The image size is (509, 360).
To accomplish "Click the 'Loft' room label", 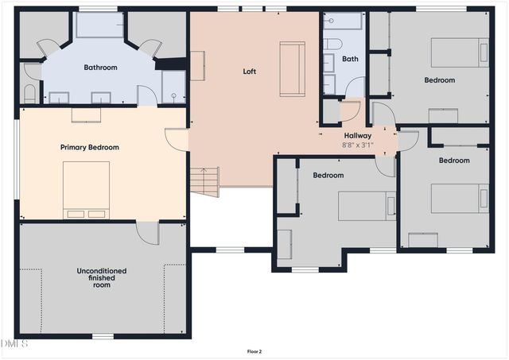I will pos(249,72).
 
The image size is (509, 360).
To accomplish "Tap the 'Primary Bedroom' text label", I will pos(90,147).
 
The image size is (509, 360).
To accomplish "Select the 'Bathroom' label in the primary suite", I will pos(100,68).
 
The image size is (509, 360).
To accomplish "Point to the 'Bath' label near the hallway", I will pos(350,59).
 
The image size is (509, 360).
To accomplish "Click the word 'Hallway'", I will pos(357,136).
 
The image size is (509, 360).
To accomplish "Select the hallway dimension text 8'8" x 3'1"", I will pos(357,145).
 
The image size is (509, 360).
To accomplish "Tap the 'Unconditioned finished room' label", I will pos(101,277).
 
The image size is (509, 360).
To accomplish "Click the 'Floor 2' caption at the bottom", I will pos(254,351).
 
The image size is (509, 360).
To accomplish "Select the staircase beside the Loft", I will pos(204,181).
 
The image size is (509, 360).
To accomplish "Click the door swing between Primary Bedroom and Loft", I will pos(176,139).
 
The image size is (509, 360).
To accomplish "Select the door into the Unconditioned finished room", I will pos(148,232).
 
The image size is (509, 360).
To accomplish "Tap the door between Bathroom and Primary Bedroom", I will pos(147,95).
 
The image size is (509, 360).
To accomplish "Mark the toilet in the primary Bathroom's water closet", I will pos(30,95).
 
